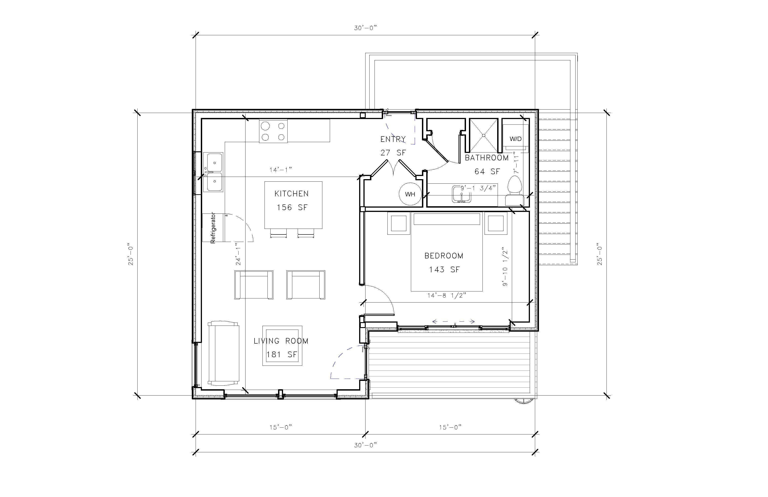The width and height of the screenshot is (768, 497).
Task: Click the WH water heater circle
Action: point(410,194)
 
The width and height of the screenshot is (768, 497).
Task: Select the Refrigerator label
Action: point(213,228)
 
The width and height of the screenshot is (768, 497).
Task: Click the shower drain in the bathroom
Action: point(483,136)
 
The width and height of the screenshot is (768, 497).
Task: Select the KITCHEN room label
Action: point(291,194)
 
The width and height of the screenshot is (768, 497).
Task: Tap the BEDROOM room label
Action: point(444,256)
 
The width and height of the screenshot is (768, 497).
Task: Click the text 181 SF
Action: point(281,355)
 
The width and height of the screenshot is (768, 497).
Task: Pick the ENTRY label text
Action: point(393,139)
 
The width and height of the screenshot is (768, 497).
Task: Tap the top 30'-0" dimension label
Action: point(365,28)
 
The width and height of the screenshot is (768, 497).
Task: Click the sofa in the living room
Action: point(223,353)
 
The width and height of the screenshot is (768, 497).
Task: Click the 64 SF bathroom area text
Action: point(487,172)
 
